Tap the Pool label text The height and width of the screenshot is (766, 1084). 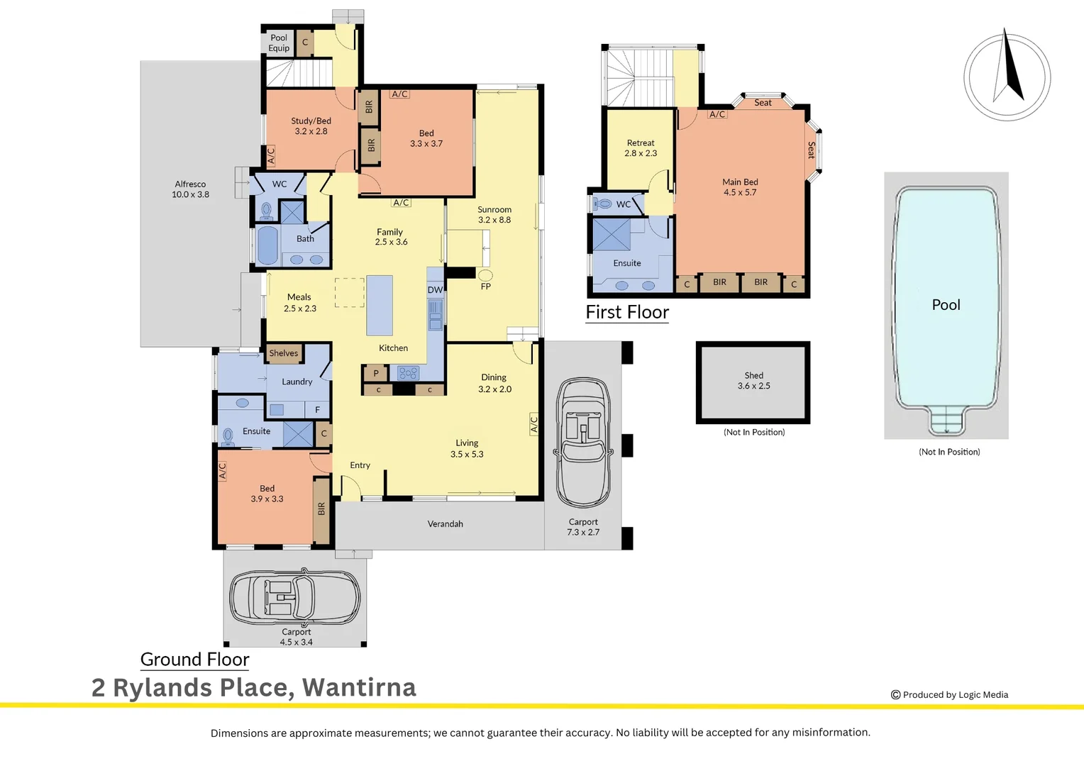(x=946, y=305)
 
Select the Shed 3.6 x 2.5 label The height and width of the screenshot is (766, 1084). (x=753, y=380)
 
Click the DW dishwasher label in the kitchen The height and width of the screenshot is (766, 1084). (x=435, y=290)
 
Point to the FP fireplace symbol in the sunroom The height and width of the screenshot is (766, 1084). (x=485, y=275)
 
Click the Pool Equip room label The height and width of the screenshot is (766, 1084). (x=279, y=43)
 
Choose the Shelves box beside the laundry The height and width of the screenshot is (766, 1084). (x=284, y=353)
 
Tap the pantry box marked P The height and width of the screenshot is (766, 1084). (x=375, y=373)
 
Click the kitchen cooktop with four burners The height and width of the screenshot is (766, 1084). (x=408, y=373)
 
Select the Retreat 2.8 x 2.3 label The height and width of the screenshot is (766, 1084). (x=640, y=148)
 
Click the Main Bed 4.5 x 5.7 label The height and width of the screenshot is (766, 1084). (x=740, y=187)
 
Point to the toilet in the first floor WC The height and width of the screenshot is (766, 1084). (x=602, y=204)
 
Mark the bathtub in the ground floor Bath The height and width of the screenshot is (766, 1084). (x=267, y=245)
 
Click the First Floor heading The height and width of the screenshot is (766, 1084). (x=627, y=312)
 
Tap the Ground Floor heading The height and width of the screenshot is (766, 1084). (x=194, y=660)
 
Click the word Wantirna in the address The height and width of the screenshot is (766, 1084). (x=359, y=687)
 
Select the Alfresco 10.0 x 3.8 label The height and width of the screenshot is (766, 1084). (x=190, y=189)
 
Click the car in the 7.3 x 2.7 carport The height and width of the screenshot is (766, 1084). (x=583, y=443)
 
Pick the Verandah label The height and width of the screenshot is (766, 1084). (x=446, y=524)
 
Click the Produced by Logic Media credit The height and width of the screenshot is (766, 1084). (x=949, y=695)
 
